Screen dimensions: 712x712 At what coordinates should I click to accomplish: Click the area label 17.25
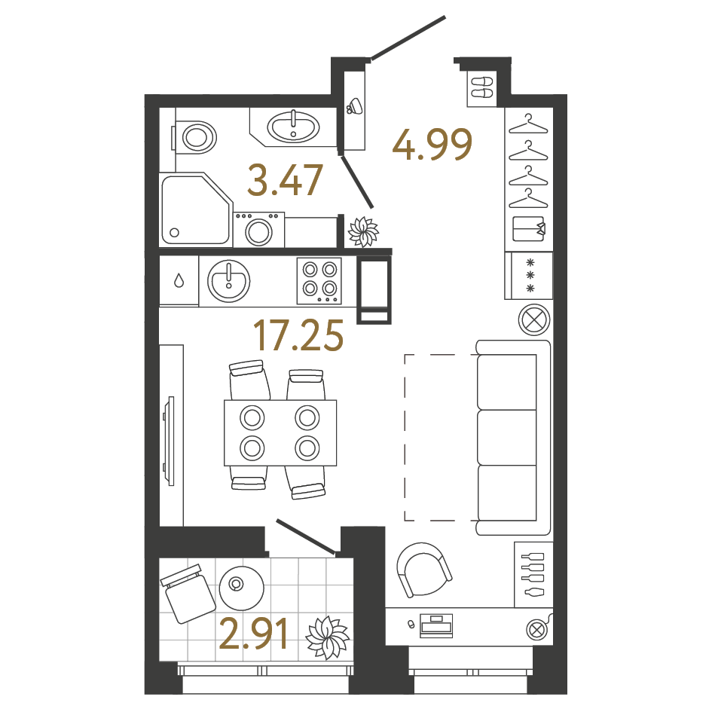(298, 335)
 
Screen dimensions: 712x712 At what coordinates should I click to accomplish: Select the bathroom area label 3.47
(286, 182)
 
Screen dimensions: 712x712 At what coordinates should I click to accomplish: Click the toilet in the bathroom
(195, 138)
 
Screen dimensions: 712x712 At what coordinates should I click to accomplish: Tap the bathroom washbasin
(294, 127)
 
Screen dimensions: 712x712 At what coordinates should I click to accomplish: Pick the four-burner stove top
(319, 280)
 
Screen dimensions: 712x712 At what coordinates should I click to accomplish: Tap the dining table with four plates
(280, 432)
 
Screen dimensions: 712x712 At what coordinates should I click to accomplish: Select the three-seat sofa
(513, 438)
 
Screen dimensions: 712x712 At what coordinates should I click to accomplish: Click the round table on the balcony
(240, 585)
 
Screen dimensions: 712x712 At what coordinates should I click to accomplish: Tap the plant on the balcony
(327, 637)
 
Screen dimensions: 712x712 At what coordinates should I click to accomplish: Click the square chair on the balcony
(186, 594)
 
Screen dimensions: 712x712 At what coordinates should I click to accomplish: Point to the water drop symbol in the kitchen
(179, 281)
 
